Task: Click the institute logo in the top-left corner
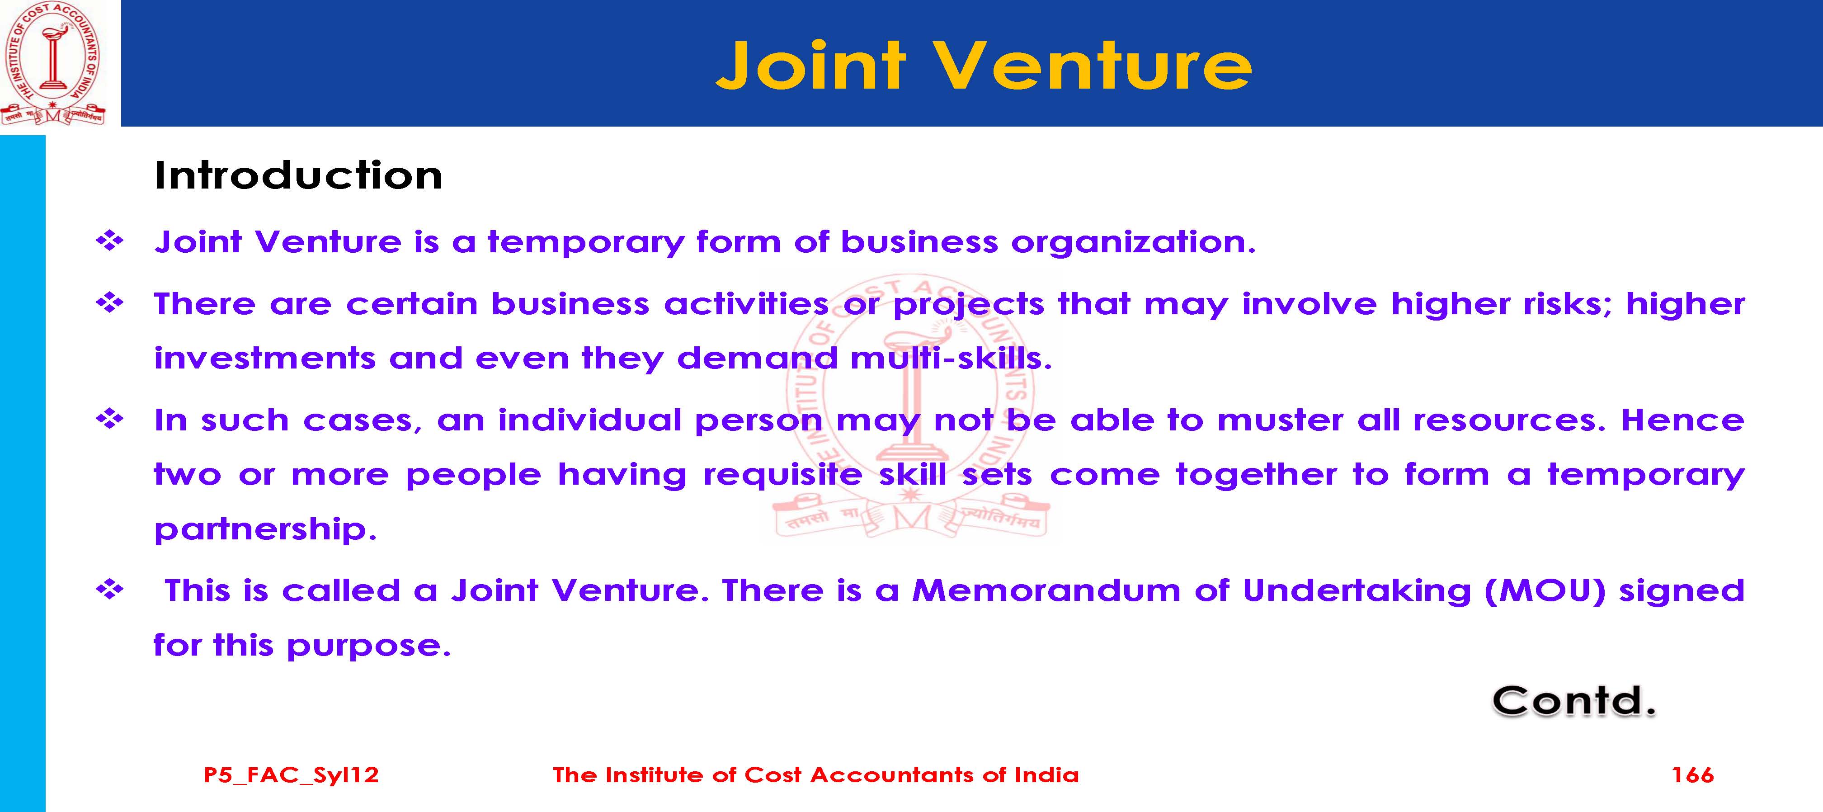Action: point(53,64)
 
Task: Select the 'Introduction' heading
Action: point(298,175)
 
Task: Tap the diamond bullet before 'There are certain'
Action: point(110,303)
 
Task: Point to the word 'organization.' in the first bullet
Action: point(1133,243)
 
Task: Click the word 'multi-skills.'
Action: point(951,358)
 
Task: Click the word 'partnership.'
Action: point(265,529)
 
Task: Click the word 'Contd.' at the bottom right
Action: point(1574,701)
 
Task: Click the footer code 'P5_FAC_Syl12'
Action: point(291,775)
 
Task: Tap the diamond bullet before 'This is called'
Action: point(110,590)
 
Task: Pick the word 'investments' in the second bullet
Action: point(265,358)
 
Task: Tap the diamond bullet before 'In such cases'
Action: point(110,419)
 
